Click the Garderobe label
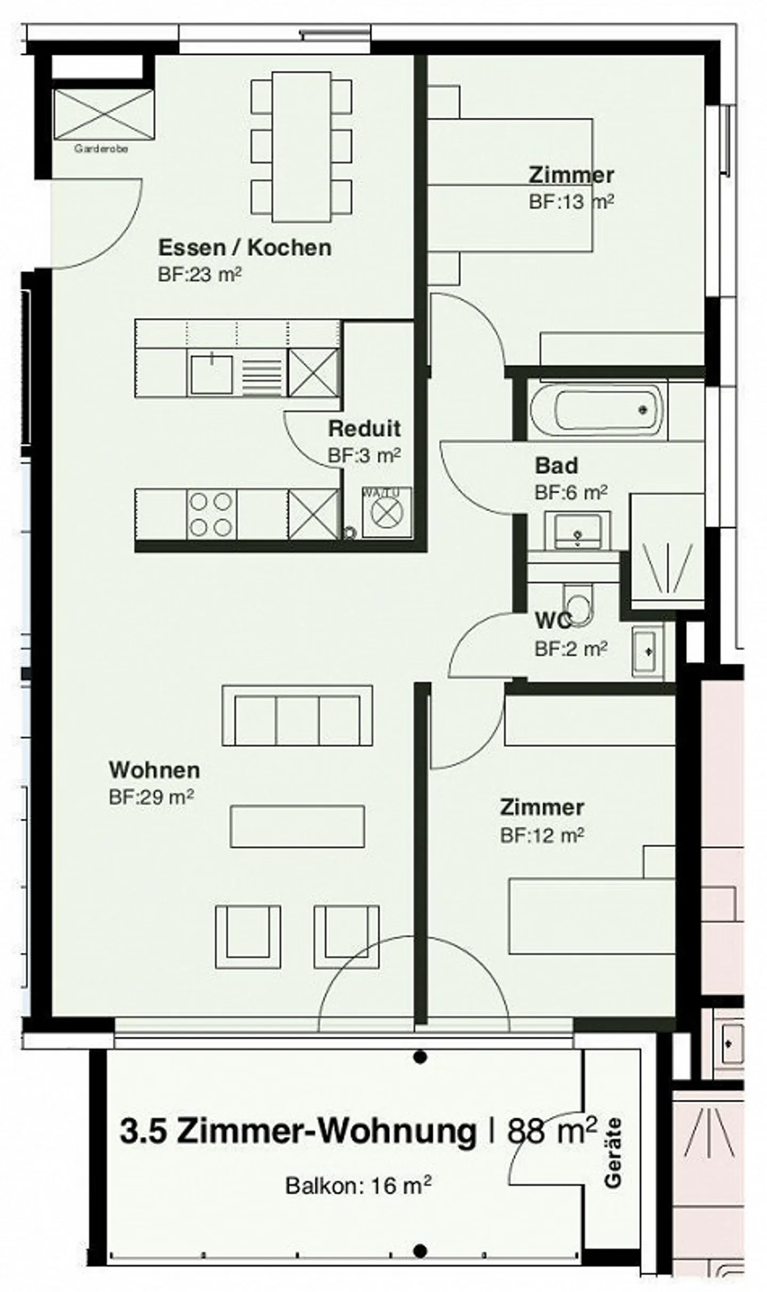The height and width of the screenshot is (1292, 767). coord(101,149)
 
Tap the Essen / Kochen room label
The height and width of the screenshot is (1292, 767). coord(244,248)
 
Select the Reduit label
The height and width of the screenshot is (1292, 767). coord(364,428)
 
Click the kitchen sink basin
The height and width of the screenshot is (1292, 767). coord(211,374)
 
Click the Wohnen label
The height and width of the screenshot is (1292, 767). coord(154,770)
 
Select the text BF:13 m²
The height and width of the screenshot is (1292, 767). coord(570,202)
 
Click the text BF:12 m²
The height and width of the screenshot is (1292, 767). coord(542,835)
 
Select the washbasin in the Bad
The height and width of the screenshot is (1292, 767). coord(577,530)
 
